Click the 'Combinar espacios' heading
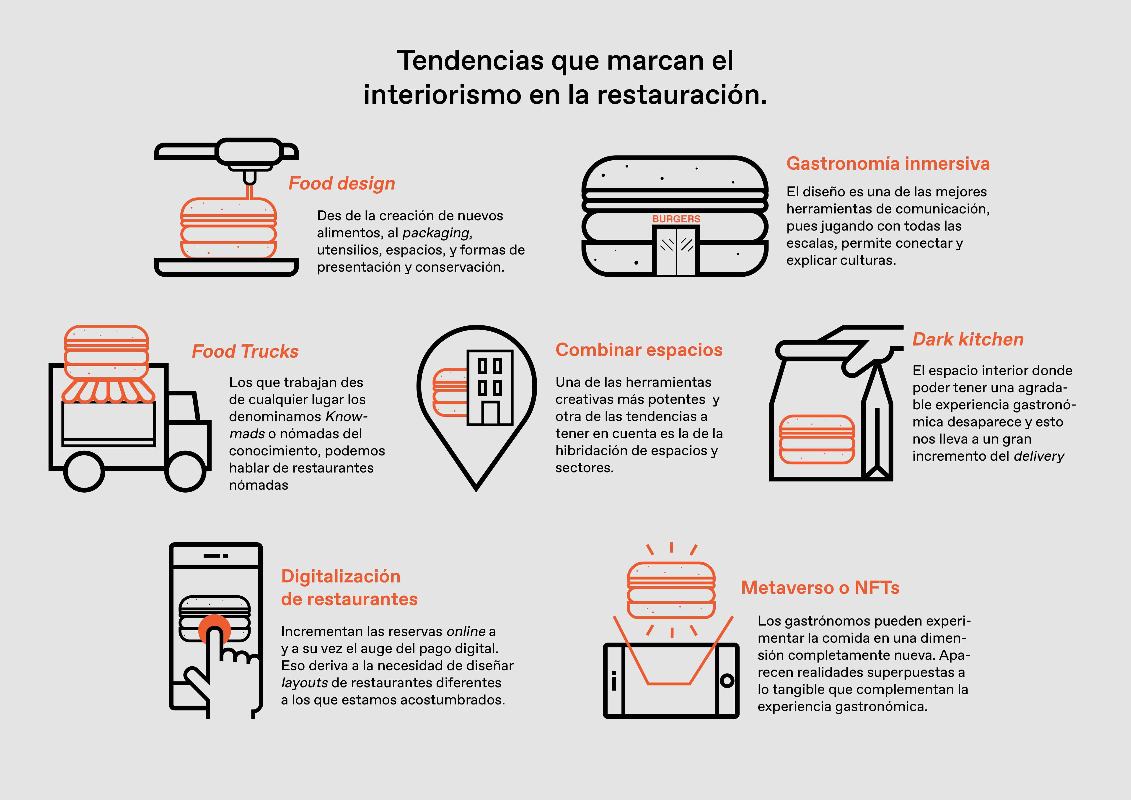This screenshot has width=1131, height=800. point(639,350)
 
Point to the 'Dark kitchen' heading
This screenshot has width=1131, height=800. point(968,339)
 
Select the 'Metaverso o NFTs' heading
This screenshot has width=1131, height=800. point(820,588)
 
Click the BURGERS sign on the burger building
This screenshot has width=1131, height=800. point(676,219)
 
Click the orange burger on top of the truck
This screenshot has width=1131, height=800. point(106,351)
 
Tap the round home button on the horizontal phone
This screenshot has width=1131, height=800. point(727,681)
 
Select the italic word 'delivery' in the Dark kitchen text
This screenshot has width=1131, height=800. point(1039,456)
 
